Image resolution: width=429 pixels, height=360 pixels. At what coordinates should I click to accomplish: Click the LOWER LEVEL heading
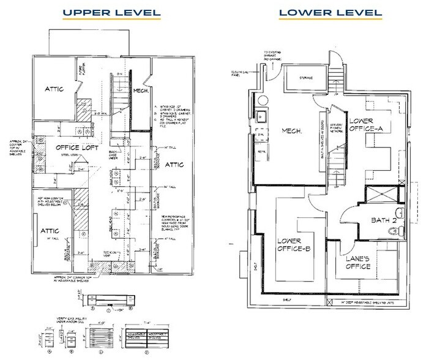pyautogui.click(x=330, y=12)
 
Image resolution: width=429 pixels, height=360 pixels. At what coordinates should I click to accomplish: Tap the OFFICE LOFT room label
pyautogui.click(x=78, y=148)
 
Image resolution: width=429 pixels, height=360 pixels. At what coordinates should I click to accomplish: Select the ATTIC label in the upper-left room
pyautogui.click(x=55, y=89)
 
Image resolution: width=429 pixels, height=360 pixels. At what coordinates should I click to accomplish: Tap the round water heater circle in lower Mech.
pyautogui.click(x=261, y=100)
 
